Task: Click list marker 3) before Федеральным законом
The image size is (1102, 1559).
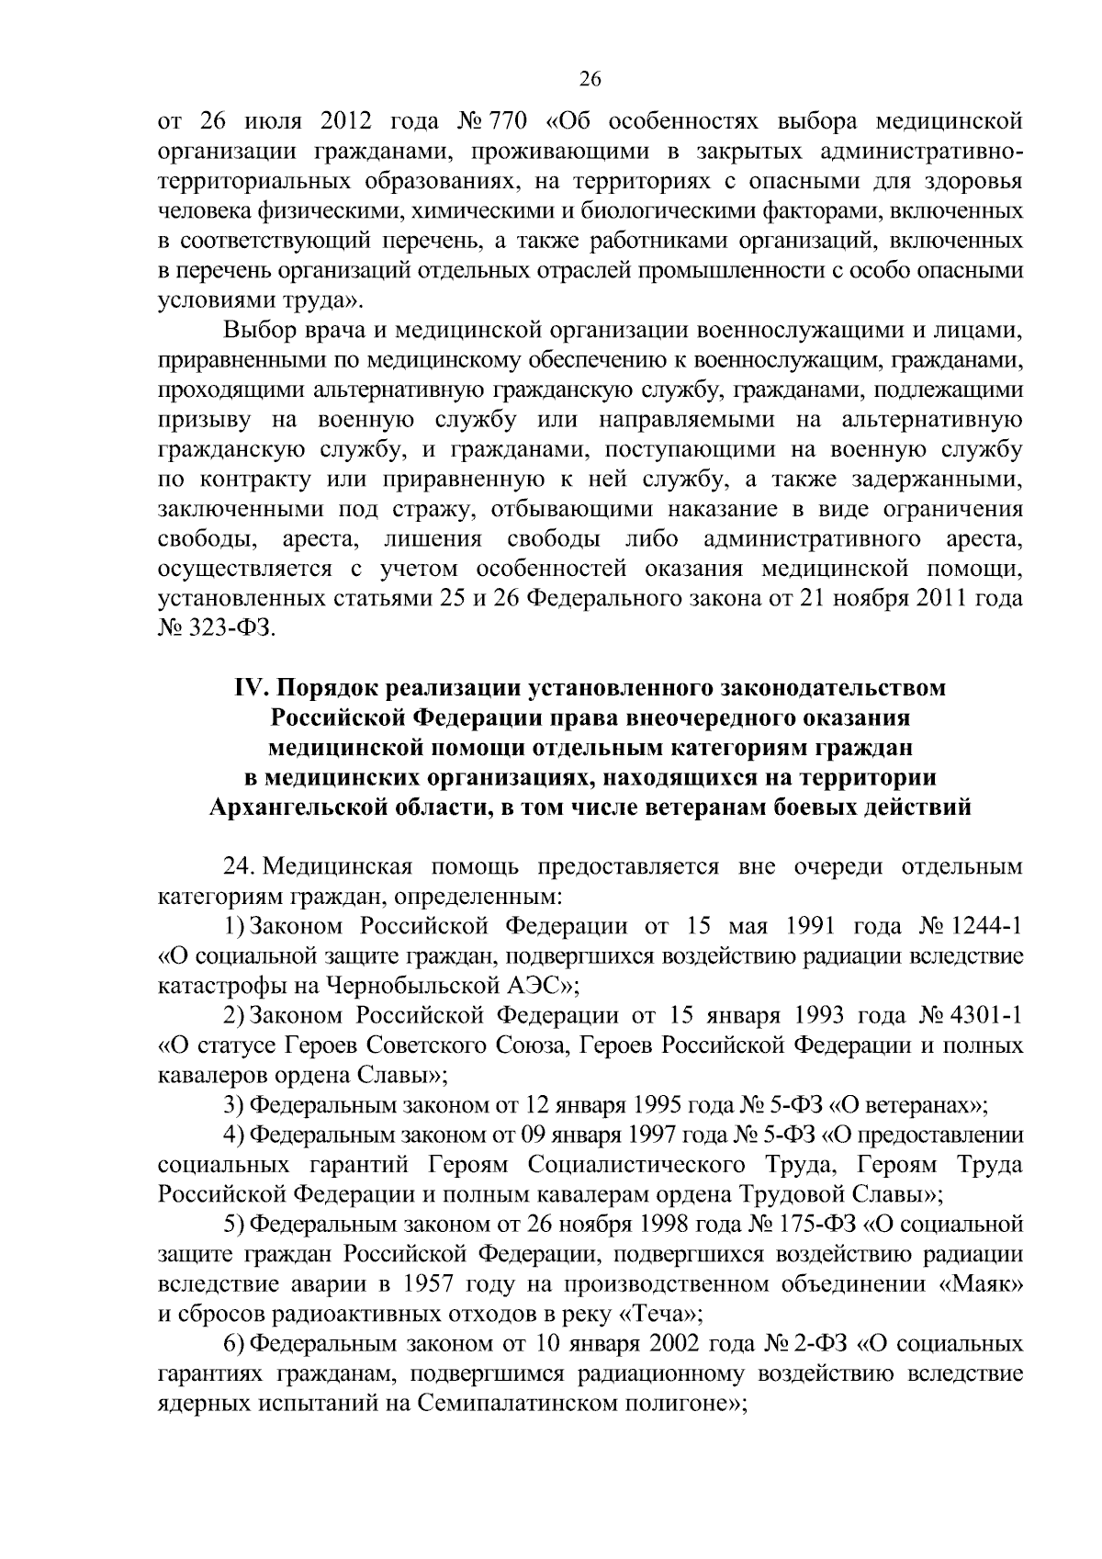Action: (x=233, y=1104)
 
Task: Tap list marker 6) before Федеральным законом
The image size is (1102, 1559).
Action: (x=233, y=1344)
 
